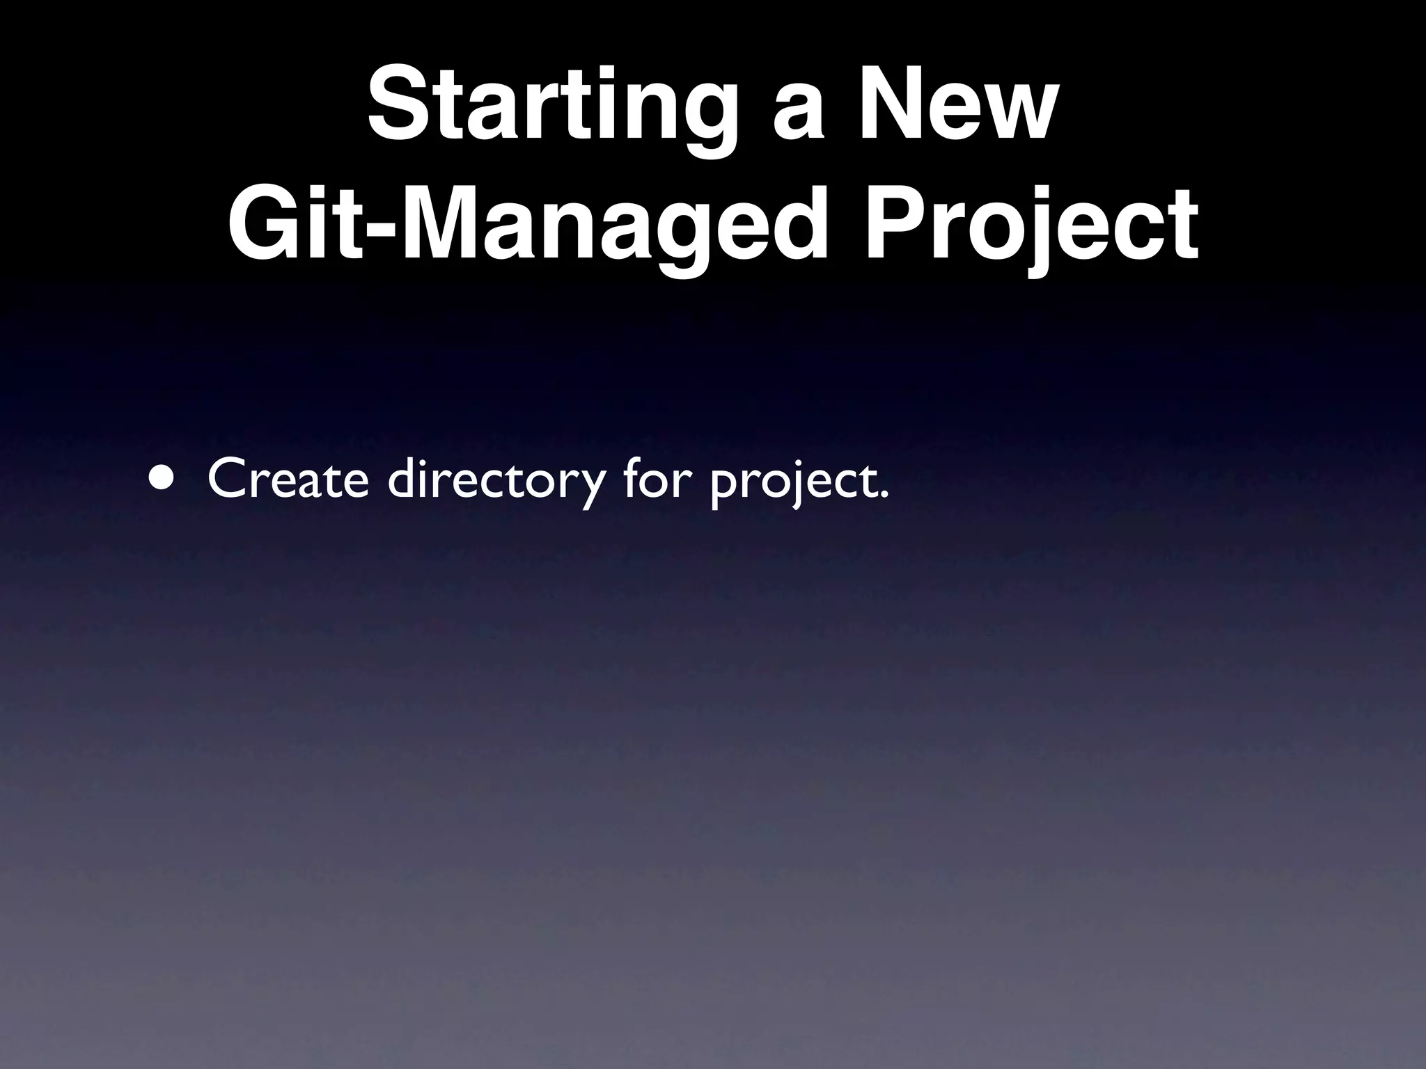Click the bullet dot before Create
pos(161,480)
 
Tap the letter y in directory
pos(586,487)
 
